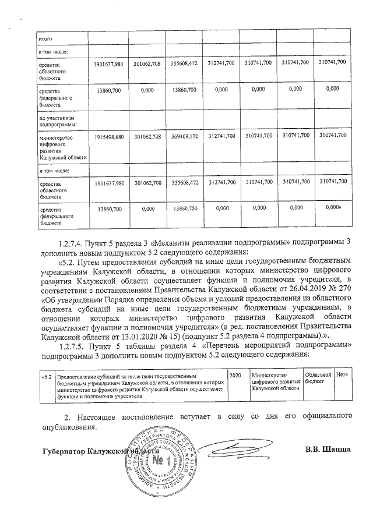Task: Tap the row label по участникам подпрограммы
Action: [x=54, y=121]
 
